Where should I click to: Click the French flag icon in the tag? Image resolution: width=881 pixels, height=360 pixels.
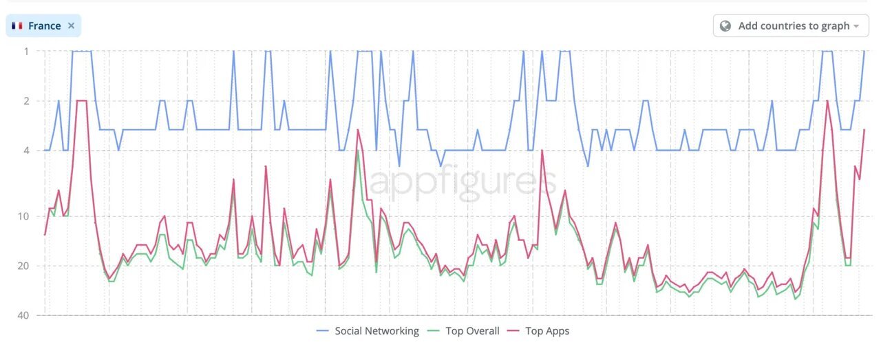[17, 25]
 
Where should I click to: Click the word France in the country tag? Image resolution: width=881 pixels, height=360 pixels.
[45, 25]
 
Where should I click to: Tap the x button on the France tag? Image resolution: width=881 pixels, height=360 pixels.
[71, 25]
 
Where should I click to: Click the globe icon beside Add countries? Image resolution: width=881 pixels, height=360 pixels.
[725, 25]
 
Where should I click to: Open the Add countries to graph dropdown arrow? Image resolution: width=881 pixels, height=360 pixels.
[856, 26]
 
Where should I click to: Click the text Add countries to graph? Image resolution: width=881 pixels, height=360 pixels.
[794, 25]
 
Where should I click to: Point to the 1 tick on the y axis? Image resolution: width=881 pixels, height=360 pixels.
[26, 51]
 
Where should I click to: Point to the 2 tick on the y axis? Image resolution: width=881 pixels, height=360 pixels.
[26, 101]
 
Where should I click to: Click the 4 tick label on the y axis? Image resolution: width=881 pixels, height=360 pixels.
[26, 151]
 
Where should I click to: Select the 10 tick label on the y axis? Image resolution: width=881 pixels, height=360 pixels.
[24, 217]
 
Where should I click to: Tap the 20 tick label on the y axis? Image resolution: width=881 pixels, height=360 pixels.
[24, 266]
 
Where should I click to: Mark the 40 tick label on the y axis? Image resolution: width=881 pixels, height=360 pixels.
[24, 316]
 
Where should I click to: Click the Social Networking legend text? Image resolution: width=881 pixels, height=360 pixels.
[376, 331]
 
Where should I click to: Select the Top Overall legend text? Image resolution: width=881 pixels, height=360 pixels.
[472, 331]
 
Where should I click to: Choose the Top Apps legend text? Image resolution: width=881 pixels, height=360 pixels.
[547, 331]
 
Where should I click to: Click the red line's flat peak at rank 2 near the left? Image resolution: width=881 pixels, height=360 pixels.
[81, 101]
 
